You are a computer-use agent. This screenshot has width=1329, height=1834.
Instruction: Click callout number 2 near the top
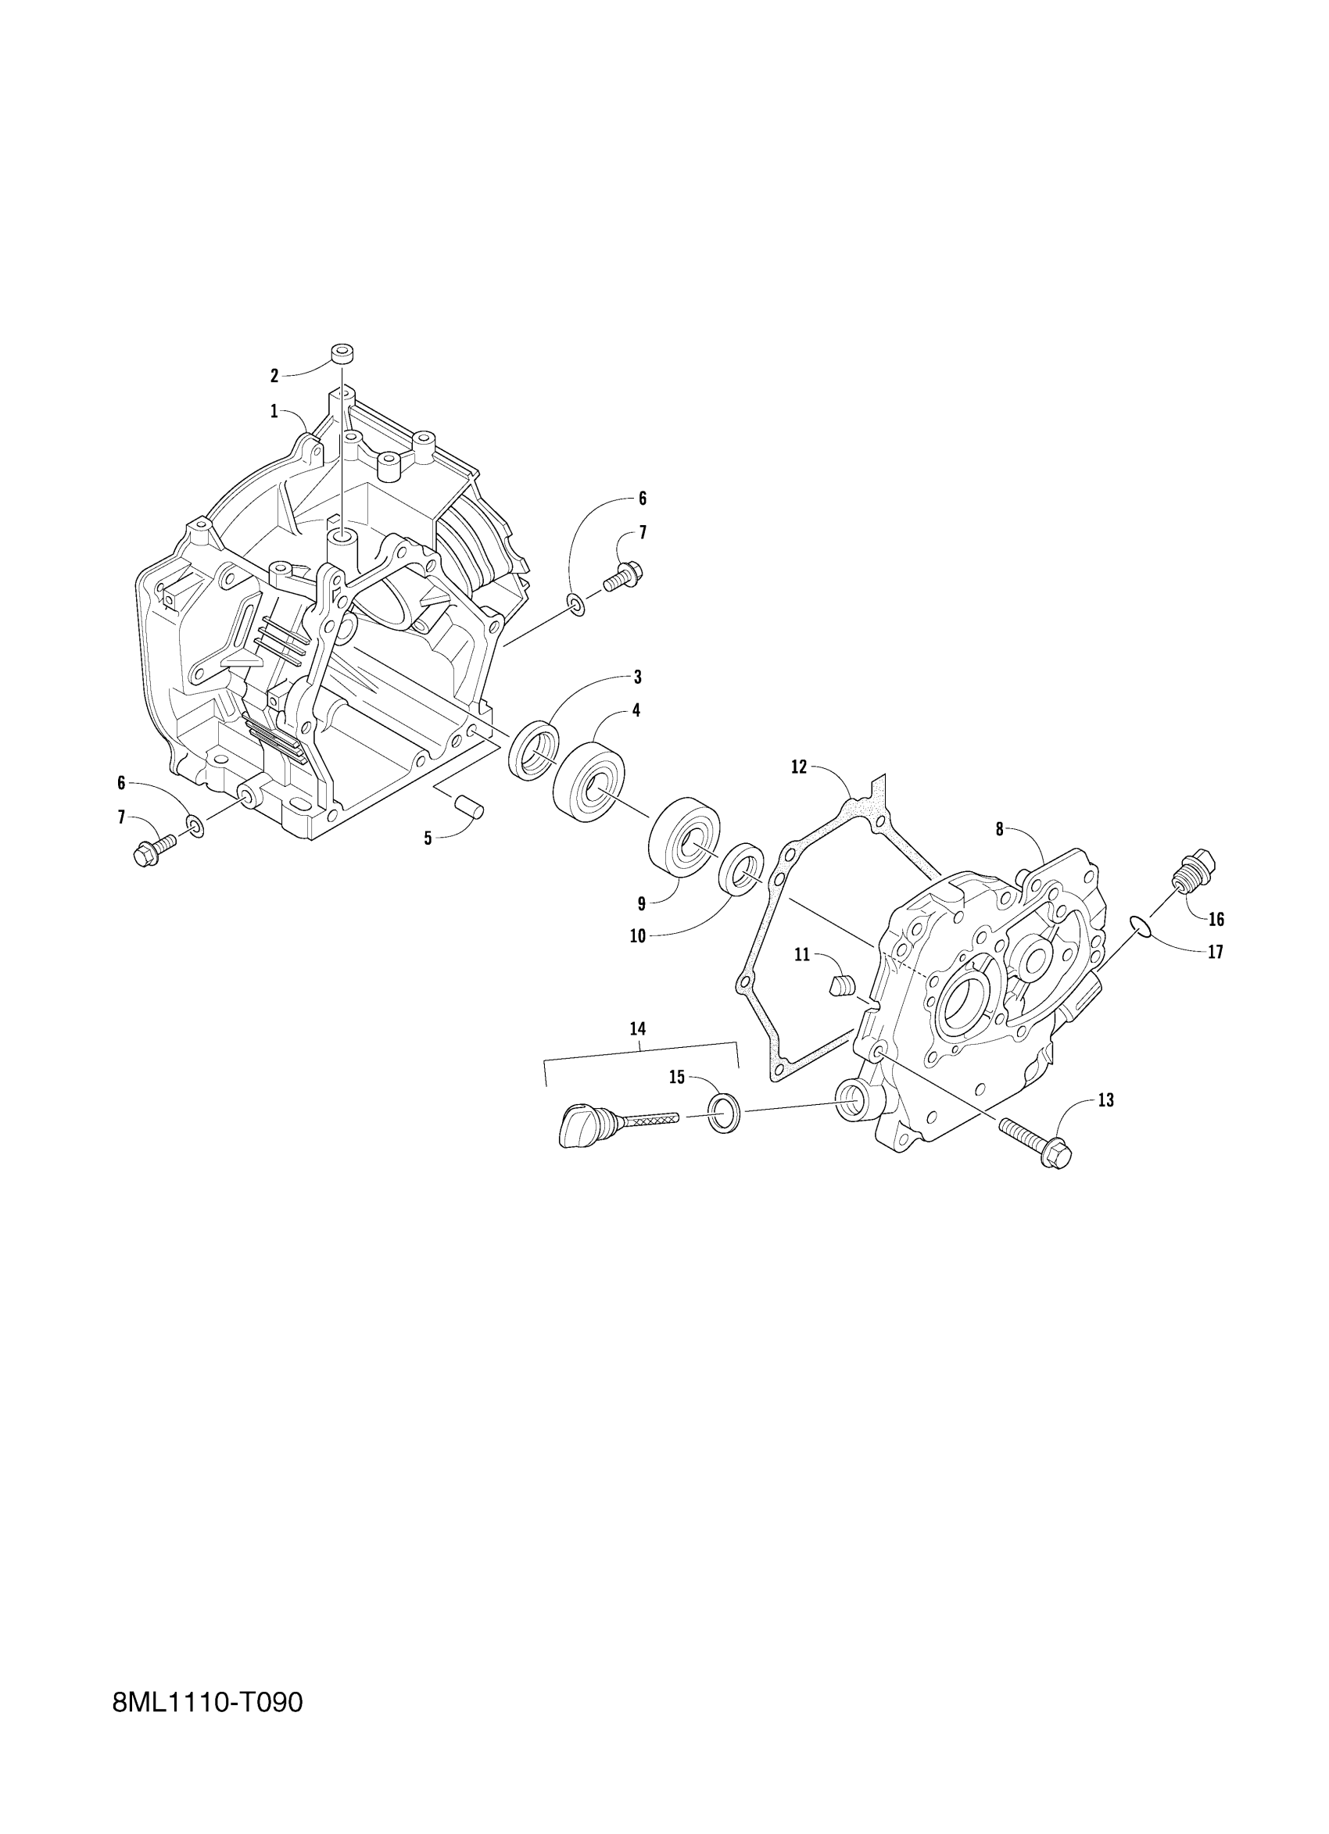coord(274,375)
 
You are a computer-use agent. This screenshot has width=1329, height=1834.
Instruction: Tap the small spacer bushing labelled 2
coord(343,354)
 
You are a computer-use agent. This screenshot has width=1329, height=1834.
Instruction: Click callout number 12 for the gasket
coord(798,767)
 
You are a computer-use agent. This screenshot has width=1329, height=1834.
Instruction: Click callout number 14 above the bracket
coord(637,1028)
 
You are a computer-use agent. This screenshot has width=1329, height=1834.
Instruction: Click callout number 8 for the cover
coord(999,830)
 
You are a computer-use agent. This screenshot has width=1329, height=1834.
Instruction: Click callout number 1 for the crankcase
coord(274,413)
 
